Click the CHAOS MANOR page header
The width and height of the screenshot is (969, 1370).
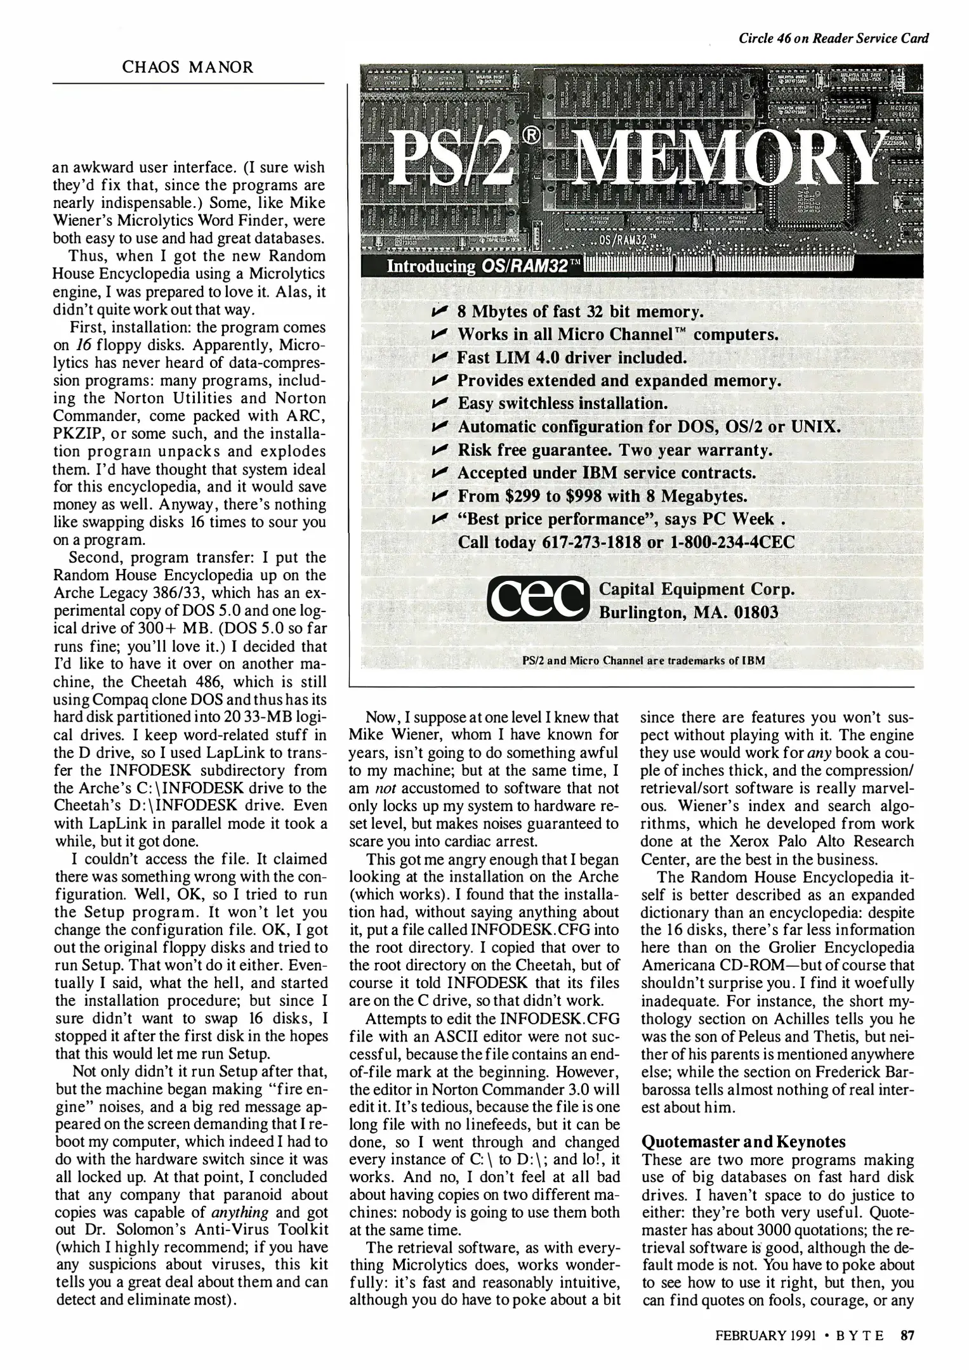coord(188,67)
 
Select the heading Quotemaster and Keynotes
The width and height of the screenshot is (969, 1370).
coord(744,1142)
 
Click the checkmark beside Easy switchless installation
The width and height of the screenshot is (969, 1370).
coord(440,403)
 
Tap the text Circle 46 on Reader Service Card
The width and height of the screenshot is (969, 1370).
coord(834,38)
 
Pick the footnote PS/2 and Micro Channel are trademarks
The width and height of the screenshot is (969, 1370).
coord(643,660)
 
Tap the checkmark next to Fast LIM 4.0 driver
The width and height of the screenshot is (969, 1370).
coord(440,357)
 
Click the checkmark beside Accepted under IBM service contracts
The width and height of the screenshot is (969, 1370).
coord(440,473)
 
